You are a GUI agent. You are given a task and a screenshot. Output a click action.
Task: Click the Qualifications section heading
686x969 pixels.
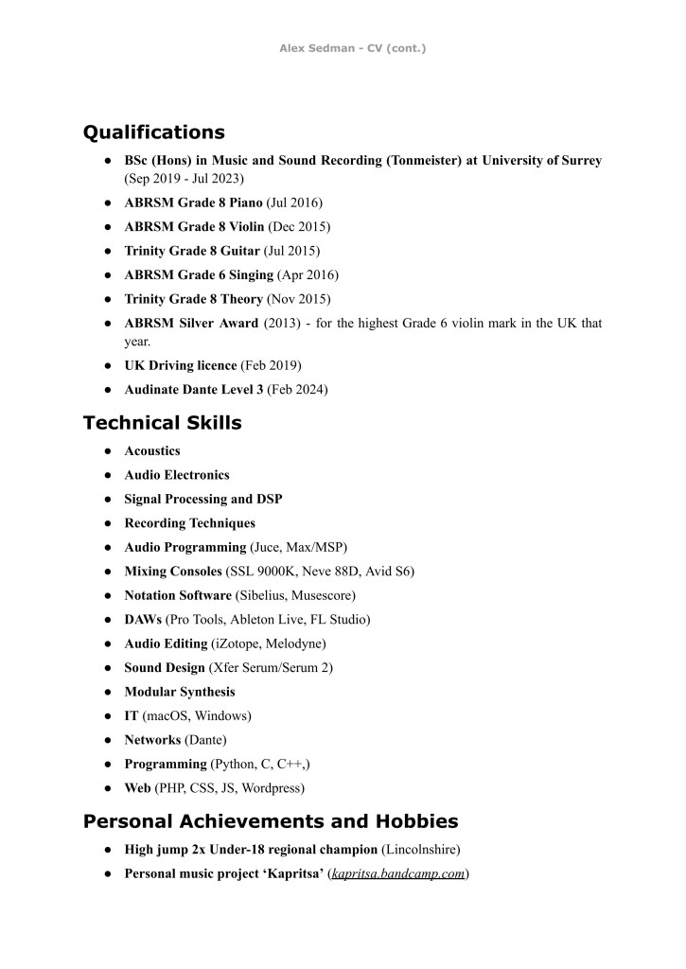(154, 132)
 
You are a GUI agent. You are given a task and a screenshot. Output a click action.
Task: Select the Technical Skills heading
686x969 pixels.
(162, 423)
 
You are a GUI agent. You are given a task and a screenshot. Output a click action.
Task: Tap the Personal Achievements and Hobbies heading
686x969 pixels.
(271, 820)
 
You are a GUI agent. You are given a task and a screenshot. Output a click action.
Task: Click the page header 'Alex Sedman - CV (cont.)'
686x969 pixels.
(352, 47)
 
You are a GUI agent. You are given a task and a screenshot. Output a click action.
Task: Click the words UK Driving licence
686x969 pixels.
(181, 365)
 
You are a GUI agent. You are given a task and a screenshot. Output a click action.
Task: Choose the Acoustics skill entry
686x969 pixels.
(152, 450)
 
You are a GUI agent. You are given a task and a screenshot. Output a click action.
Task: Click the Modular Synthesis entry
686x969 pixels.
(180, 692)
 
